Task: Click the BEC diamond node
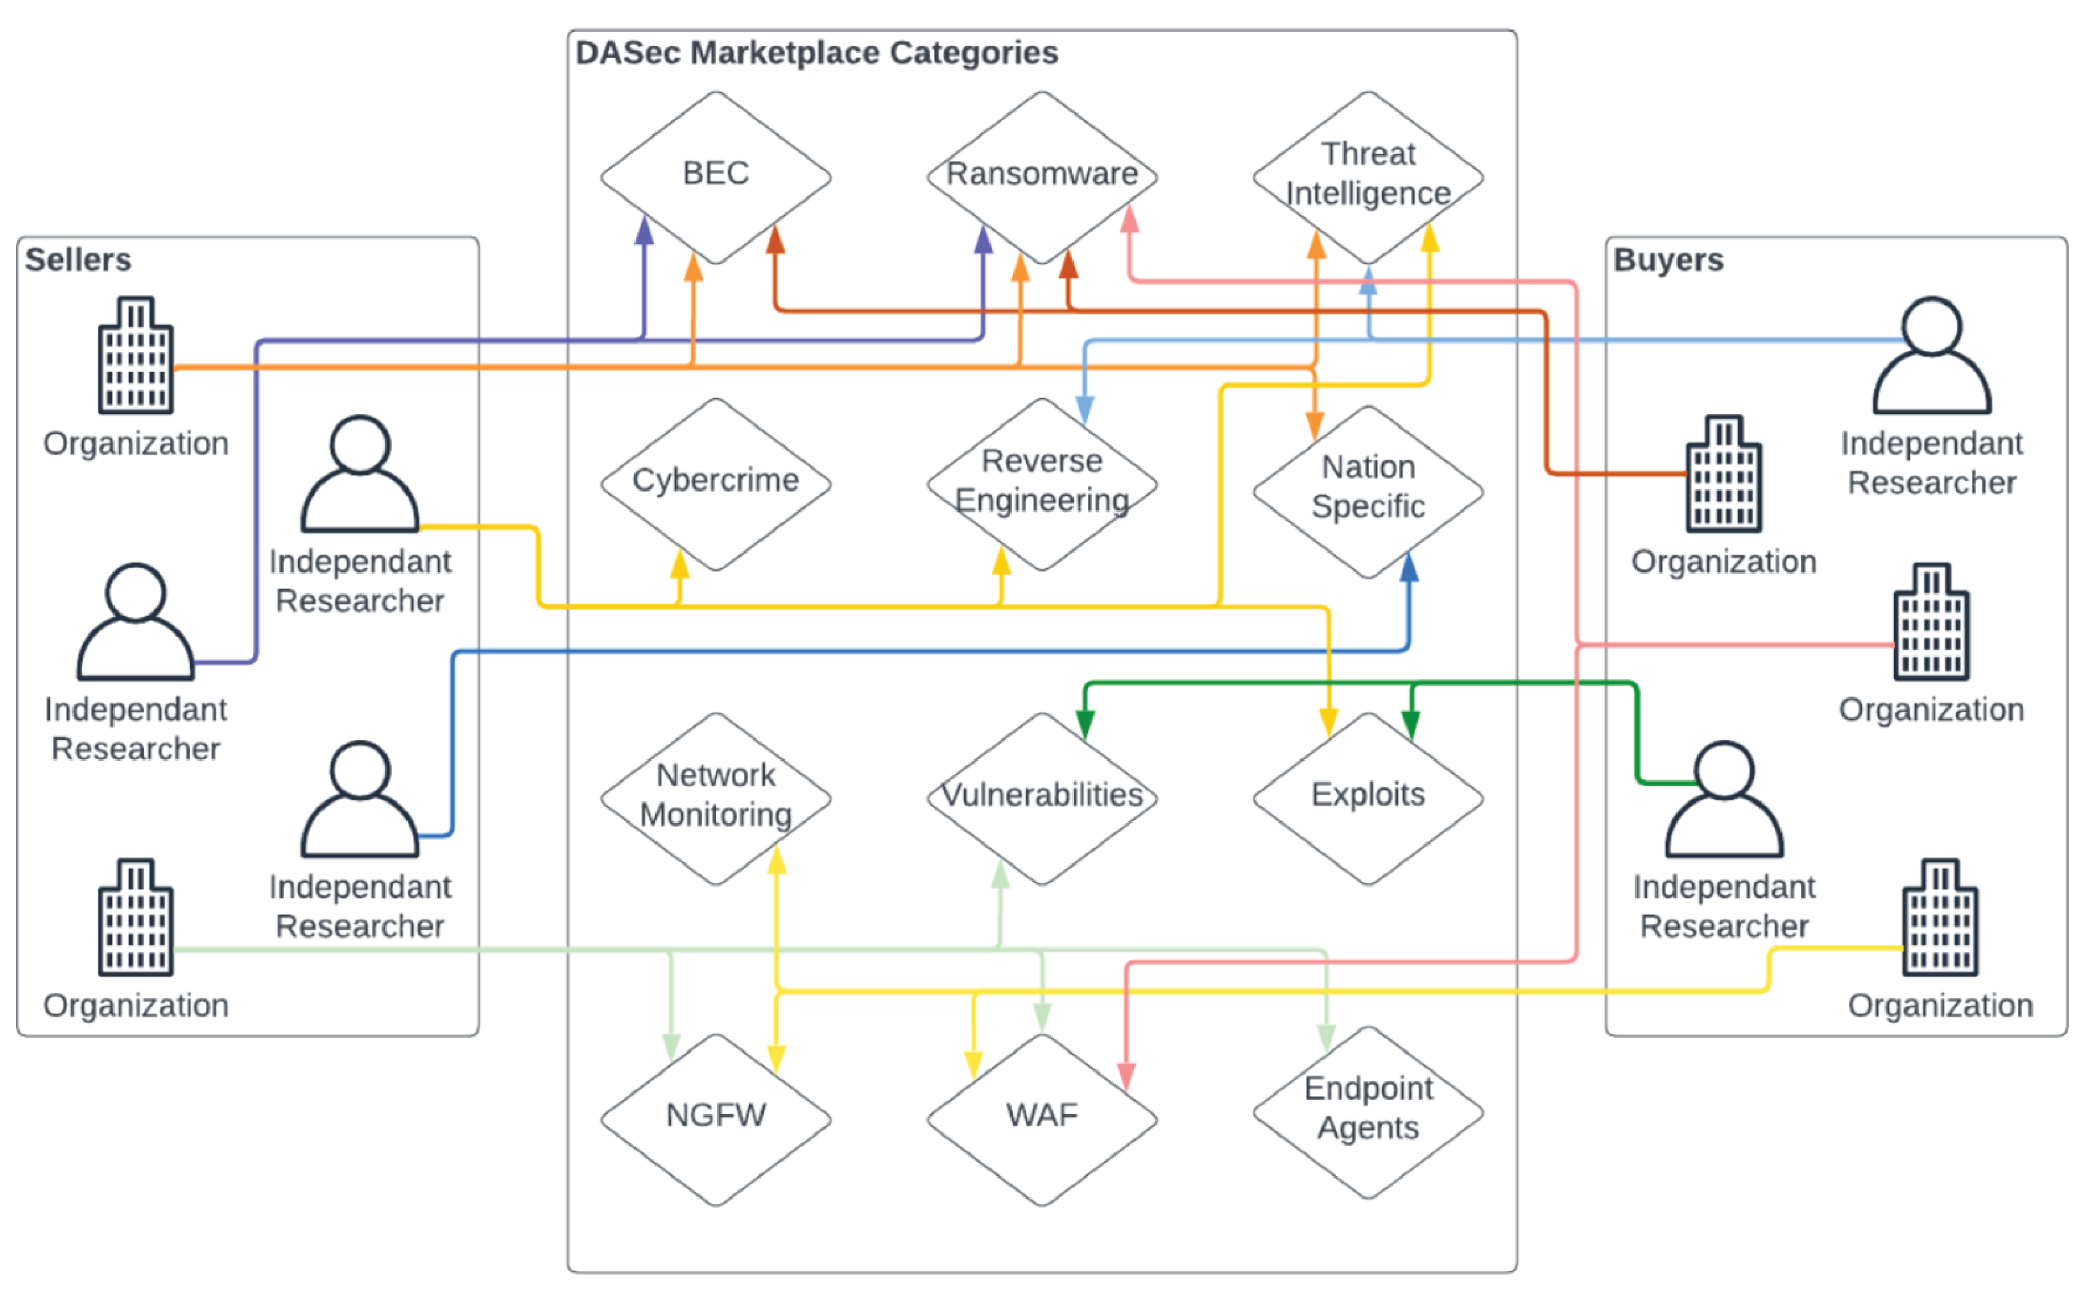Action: pos(715,176)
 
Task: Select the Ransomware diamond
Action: pos(1041,176)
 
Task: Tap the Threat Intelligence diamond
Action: pos(1368,176)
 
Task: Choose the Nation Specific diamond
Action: pos(1368,490)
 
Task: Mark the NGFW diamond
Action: pos(715,1118)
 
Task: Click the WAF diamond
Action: pos(1041,1118)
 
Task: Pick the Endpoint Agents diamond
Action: pos(1368,1112)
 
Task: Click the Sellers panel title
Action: pos(77,259)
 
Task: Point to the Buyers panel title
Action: pos(1668,259)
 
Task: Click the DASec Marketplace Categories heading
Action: pos(816,52)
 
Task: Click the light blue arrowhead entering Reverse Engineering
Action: pos(1085,410)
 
